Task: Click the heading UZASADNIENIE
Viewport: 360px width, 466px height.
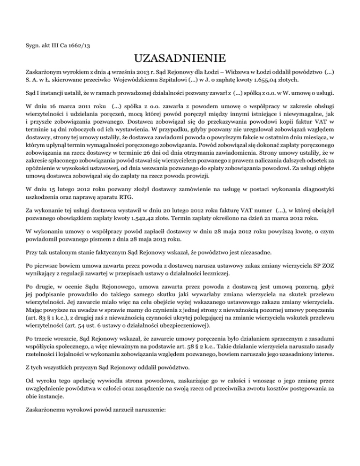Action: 180,60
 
